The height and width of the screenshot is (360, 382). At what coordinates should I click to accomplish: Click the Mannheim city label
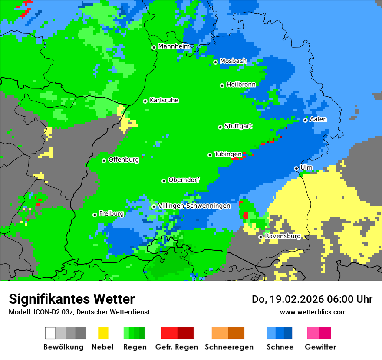coord(174,46)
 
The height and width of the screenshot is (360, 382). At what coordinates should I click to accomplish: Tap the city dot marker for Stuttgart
coord(220,127)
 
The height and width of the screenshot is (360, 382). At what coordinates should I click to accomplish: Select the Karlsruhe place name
coord(164,100)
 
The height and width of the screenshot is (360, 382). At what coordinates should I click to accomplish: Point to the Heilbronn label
coord(241,84)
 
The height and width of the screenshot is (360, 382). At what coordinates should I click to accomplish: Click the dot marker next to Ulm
coord(296,168)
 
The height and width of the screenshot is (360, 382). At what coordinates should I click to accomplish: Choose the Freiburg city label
coord(111,213)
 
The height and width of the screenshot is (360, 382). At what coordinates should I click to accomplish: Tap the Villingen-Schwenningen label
coord(194,206)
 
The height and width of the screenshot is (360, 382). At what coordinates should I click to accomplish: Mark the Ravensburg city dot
coord(260,237)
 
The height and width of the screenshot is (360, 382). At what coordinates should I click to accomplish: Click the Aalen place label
coord(318,119)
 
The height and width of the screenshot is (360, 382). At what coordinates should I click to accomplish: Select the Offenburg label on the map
coord(123,160)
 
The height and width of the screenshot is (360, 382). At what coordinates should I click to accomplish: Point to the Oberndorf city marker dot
coord(164,181)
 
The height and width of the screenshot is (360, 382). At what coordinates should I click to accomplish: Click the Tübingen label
coord(228,154)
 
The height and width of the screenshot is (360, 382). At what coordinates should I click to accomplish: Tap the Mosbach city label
coord(233,61)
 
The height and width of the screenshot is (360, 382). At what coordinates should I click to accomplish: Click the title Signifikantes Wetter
coord(72,299)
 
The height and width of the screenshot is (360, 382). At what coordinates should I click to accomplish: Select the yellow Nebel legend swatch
coord(103,333)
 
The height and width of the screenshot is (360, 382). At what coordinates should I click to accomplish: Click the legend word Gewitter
coord(320,347)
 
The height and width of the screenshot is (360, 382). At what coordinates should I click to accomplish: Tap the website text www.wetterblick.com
coord(313,312)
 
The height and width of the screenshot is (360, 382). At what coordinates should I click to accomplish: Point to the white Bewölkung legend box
coord(50,333)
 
